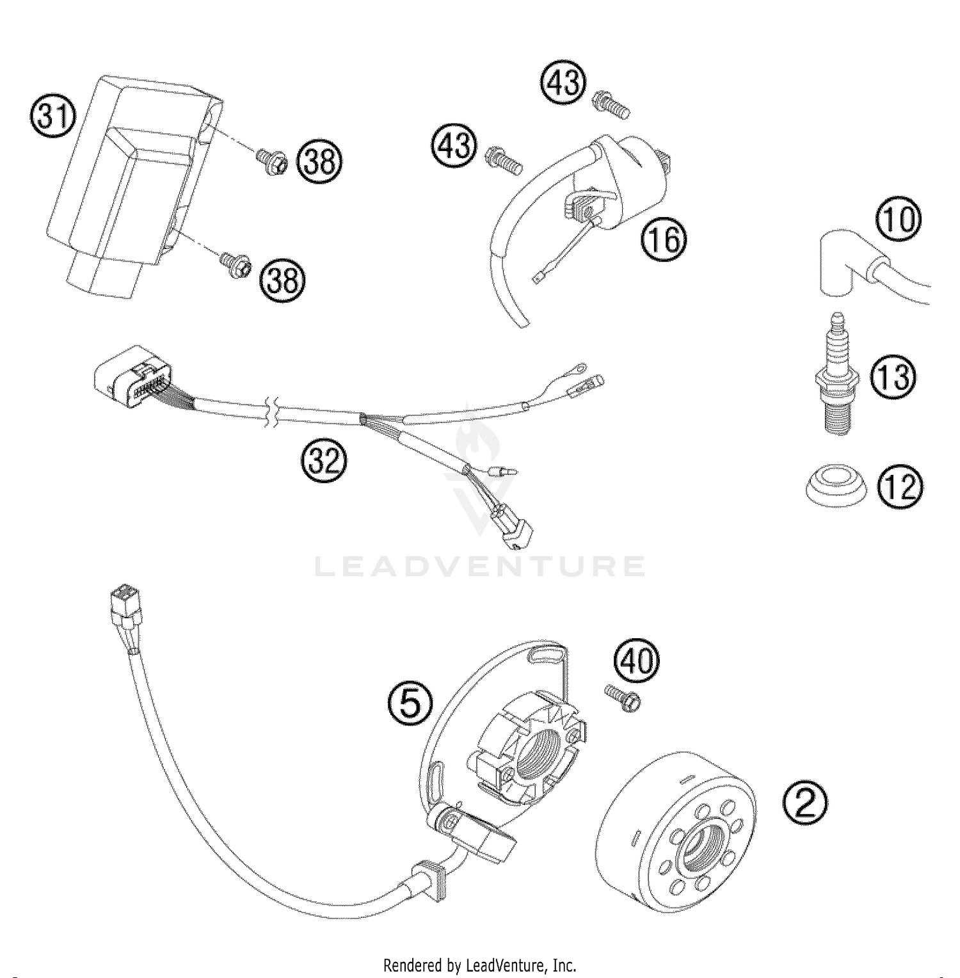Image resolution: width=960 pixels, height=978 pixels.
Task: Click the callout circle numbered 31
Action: pyautogui.click(x=53, y=118)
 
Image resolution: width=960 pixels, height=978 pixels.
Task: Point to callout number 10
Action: pyautogui.click(x=899, y=220)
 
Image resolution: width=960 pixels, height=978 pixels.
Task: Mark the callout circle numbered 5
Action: pyautogui.click(x=410, y=704)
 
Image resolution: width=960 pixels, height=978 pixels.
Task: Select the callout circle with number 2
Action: pyautogui.click(x=804, y=805)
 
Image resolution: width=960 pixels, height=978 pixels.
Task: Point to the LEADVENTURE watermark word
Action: pyautogui.click(x=479, y=566)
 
